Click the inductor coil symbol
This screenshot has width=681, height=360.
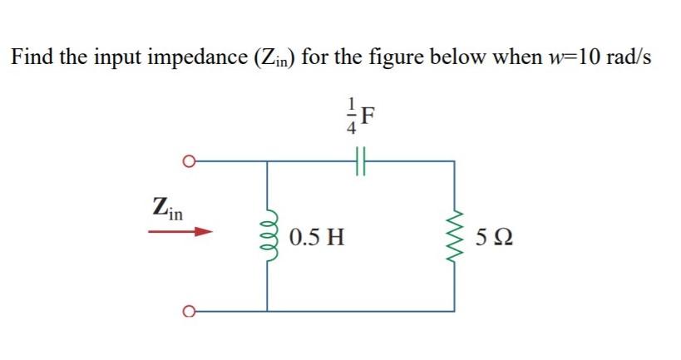pyautogui.click(x=268, y=236)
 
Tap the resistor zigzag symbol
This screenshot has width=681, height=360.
pyautogui.click(x=454, y=236)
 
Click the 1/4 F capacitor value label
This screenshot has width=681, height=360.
pyautogui.click(x=362, y=119)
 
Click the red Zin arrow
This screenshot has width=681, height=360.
pyautogui.click(x=176, y=233)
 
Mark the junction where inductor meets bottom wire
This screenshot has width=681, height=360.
pyautogui.click(x=268, y=312)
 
